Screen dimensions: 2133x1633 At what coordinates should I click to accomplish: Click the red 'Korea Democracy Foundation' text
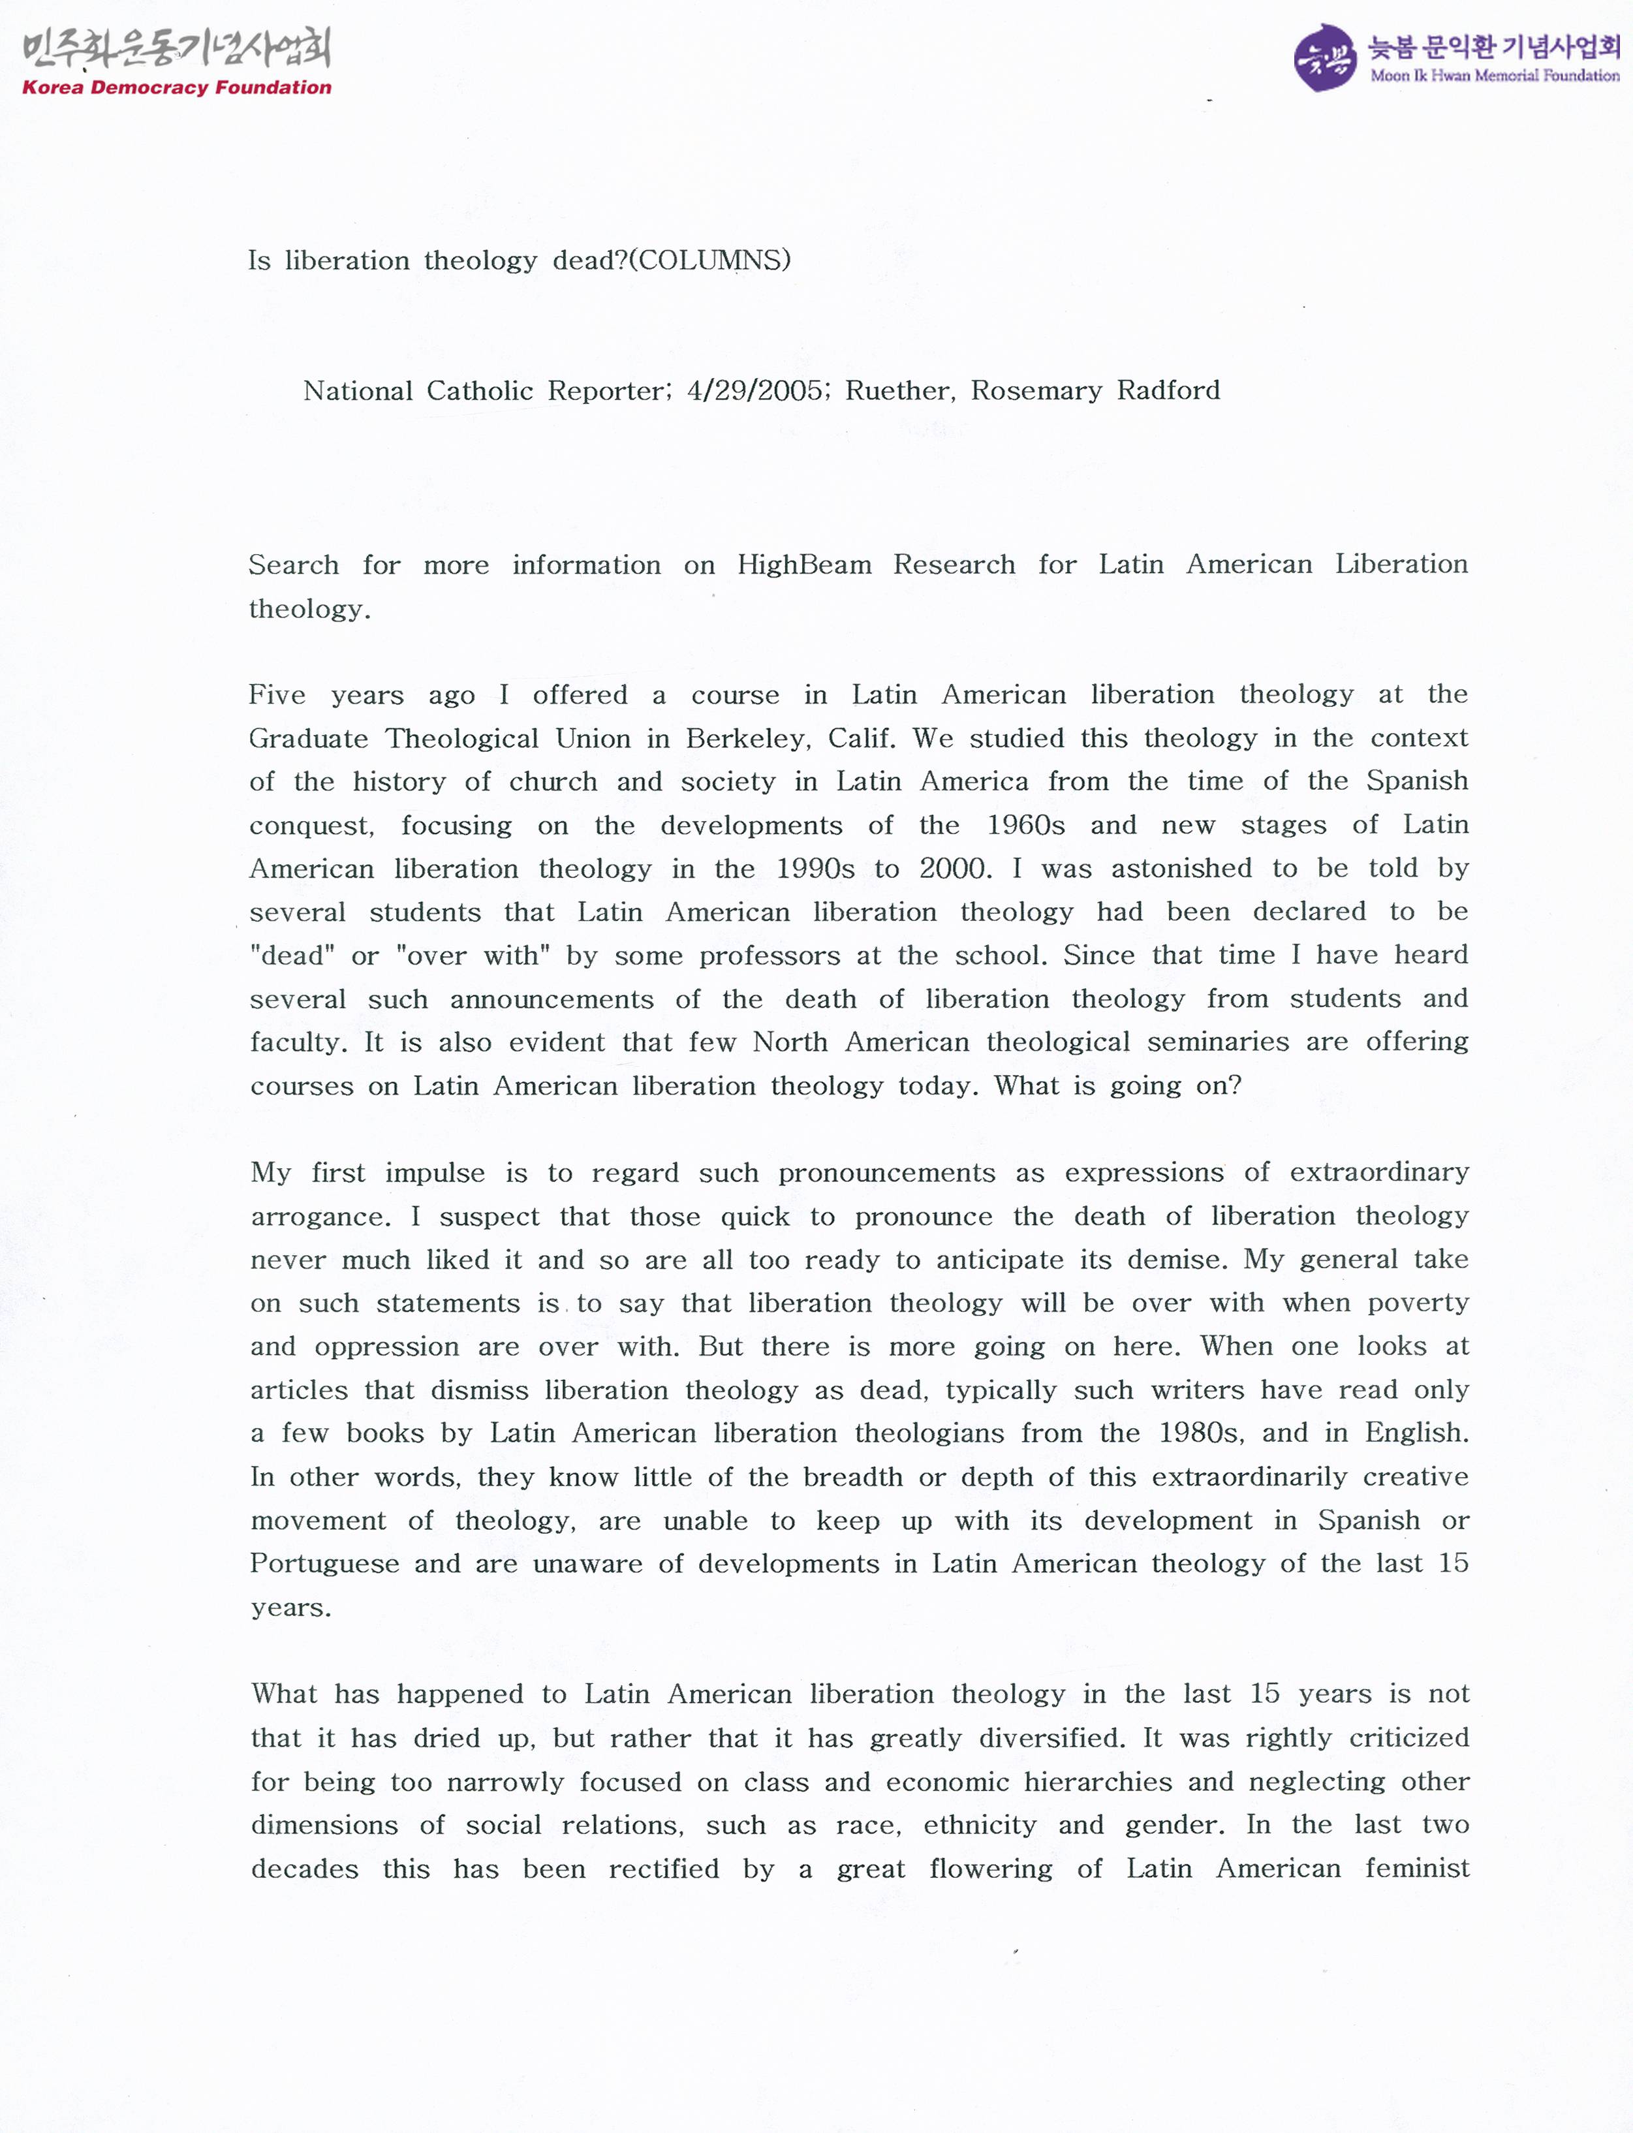click(176, 87)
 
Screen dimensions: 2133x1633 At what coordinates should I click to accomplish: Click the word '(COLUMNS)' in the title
click(709, 260)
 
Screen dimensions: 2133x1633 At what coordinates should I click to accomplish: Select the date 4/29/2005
click(753, 391)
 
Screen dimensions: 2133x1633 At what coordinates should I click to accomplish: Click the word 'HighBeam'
click(804, 565)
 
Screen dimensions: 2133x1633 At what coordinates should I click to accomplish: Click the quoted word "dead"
click(292, 956)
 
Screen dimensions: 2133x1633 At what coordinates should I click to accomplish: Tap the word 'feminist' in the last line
click(1416, 1869)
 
